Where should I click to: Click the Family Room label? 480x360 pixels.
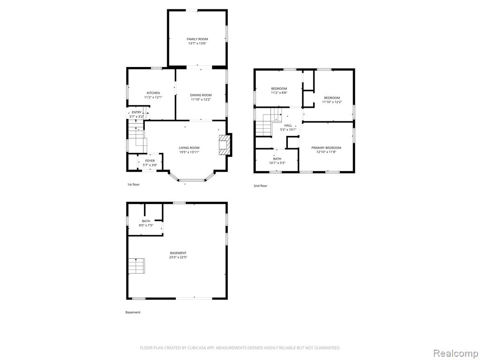197,39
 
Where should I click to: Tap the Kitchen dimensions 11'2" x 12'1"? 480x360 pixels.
153,97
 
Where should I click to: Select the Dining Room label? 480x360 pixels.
201,95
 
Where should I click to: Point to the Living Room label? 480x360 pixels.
189,148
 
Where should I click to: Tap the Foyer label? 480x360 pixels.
150,161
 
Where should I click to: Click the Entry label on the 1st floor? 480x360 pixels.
136,112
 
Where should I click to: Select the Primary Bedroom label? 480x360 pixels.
326,148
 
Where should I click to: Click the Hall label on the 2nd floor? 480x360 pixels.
288,126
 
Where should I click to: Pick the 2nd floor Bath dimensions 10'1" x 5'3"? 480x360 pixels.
277,163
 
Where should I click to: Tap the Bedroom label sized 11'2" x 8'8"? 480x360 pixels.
279,89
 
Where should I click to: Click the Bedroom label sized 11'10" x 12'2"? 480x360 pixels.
332,98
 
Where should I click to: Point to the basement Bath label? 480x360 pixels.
146,221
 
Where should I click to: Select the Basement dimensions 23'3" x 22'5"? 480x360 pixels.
178,257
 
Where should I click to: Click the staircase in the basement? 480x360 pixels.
136,266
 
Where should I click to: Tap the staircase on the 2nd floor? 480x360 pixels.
268,122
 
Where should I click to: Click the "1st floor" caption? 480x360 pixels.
134,185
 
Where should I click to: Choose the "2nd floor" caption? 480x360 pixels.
260,186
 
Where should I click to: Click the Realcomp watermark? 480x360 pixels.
455,353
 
